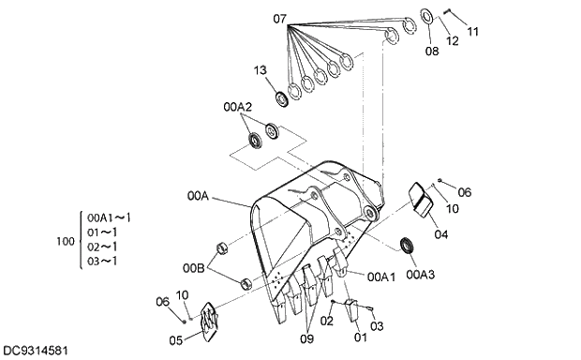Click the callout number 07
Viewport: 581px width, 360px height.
click(x=280, y=19)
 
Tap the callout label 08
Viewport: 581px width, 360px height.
click(x=431, y=52)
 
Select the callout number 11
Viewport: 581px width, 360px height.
click(x=472, y=31)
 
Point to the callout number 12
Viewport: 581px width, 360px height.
click(x=453, y=42)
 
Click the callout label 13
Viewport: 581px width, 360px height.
click(x=260, y=70)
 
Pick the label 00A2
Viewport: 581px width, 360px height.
click(x=237, y=108)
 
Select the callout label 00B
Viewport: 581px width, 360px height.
click(x=195, y=266)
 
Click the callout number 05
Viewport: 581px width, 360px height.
click(x=175, y=340)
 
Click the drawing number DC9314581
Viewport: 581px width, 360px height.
click(x=35, y=351)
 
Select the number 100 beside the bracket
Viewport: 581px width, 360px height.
click(x=66, y=242)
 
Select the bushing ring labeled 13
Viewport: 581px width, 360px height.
click(x=281, y=98)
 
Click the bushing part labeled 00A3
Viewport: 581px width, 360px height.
click(x=409, y=245)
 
